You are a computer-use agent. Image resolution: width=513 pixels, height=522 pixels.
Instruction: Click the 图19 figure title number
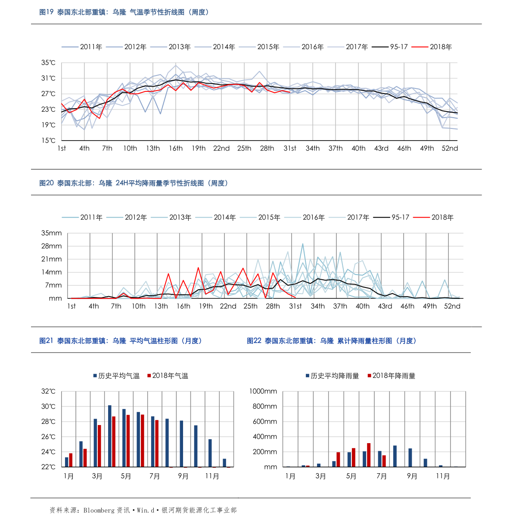(46, 12)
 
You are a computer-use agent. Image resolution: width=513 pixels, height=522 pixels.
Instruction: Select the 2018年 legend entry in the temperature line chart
(432, 47)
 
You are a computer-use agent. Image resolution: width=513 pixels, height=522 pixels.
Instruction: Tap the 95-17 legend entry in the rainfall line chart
(391, 217)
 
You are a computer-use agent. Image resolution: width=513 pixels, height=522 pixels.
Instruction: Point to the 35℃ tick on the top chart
(48, 63)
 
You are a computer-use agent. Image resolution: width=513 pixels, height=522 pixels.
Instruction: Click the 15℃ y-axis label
(48, 141)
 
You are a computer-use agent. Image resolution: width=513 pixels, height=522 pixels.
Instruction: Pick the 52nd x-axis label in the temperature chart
(450, 148)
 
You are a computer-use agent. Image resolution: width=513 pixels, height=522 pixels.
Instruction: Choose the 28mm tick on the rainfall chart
(51, 246)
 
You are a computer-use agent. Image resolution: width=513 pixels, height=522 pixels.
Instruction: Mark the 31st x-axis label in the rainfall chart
(295, 306)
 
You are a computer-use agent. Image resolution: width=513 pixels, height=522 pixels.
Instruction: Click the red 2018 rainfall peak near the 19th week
(198, 268)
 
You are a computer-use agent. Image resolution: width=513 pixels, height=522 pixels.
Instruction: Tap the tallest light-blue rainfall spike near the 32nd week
(303, 244)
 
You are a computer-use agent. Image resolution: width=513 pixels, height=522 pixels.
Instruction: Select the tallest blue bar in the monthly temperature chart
(110, 436)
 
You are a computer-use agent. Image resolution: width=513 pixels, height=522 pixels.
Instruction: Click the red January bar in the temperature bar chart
(71, 460)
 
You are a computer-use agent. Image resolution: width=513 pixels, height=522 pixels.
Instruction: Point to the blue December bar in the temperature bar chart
(224, 463)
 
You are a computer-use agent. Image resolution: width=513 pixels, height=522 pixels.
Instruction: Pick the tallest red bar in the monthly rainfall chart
(369, 455)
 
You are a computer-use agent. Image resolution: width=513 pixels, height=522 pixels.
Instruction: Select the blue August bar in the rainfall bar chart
(395, 456)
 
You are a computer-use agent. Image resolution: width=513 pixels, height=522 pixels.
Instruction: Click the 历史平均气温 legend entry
(116, 376)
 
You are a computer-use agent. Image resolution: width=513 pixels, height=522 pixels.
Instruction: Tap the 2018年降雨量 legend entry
(392, 376)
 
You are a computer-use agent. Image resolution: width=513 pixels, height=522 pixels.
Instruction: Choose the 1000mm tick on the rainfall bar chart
(263, 391)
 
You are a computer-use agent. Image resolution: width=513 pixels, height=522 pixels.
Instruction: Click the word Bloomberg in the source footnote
(99, 510)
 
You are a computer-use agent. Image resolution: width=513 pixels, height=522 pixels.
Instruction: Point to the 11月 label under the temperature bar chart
(212, 476)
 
